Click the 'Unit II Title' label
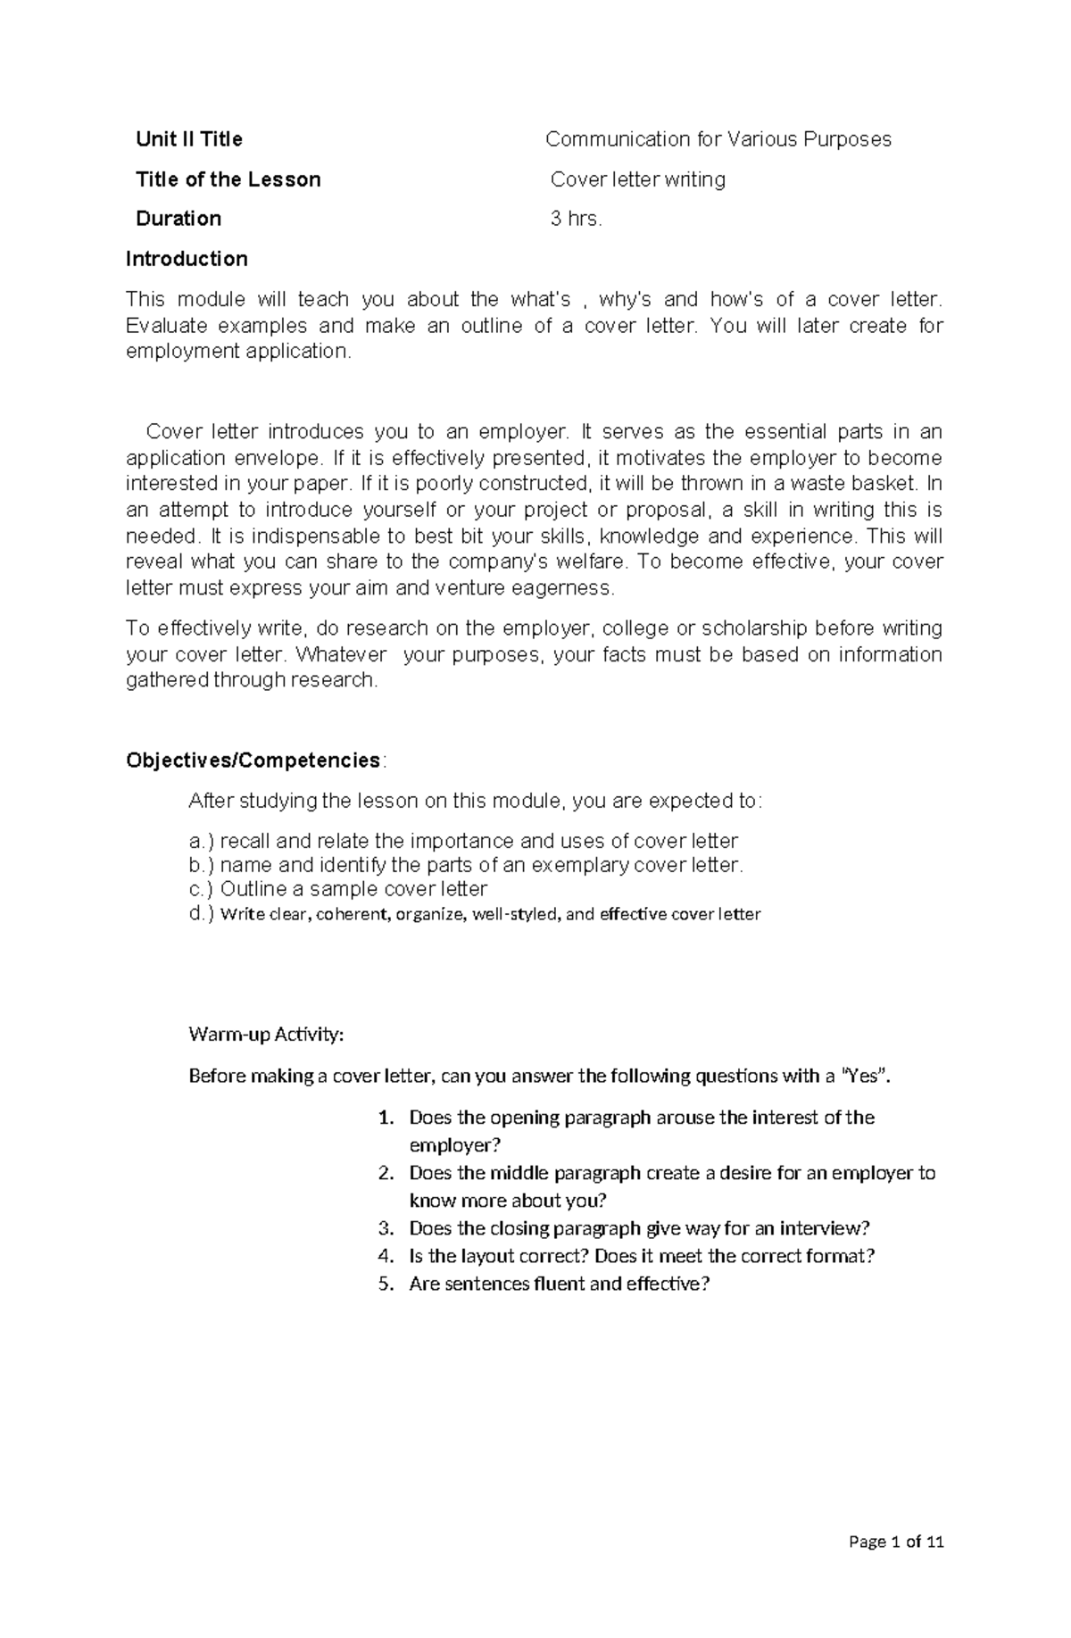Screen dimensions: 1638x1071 click(x=188, y=139)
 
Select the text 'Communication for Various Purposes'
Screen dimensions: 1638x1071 click(x=718, y=139)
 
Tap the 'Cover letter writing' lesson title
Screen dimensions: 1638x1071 click(x=637, y=179)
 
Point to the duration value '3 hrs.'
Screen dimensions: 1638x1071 click(x=576, y=219)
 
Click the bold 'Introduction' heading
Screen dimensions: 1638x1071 click(x=187, y=259)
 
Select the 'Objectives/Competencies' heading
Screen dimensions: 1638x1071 click(x=253, y=761)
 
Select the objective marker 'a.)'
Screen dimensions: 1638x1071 click(x=202, y=841)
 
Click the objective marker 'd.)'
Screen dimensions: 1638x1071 click(x=202, y=914)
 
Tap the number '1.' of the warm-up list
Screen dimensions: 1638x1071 click(x=386, y=1118)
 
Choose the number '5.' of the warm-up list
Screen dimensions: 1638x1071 click(x=386, y=1285)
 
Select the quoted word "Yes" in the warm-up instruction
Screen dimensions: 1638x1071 click(x=866, y=1077)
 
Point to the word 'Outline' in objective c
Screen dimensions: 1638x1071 click(x=253, y=889)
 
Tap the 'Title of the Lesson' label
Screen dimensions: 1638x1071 click(x=228, y=179)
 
